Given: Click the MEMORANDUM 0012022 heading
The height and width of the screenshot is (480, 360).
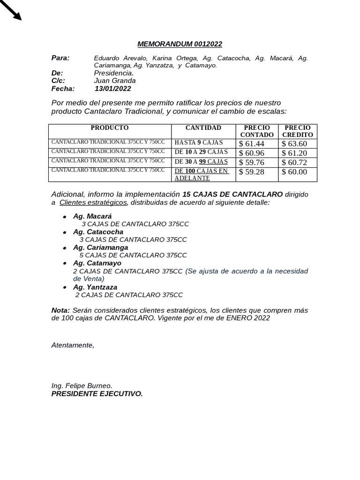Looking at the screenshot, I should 180,44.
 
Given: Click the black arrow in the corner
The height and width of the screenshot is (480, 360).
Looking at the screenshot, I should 12,11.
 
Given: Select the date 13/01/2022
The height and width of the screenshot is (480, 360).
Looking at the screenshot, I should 112,89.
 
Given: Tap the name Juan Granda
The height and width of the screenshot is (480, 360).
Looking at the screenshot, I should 115,81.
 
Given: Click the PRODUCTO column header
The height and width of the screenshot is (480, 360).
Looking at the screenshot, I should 110,128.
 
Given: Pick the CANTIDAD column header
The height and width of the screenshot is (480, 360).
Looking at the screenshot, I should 203,128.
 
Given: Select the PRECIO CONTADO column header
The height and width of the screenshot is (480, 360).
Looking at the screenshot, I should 257,131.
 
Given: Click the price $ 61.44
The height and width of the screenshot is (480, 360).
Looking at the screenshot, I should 252,144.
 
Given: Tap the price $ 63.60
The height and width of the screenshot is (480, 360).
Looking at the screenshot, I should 294,144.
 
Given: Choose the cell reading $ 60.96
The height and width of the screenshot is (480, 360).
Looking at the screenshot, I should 252,153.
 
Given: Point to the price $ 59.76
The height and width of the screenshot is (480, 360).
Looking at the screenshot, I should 252,162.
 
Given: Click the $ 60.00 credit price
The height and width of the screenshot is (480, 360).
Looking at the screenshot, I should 294,172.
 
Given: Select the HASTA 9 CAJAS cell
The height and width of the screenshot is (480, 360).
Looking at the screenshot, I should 199,142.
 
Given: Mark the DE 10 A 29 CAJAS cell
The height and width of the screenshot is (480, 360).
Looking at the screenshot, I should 201,152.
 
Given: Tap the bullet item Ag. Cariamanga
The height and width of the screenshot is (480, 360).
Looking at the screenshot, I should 100,247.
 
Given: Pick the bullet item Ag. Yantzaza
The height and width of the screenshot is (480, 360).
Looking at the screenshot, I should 95,287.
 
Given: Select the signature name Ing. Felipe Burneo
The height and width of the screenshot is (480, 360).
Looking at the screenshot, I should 82,386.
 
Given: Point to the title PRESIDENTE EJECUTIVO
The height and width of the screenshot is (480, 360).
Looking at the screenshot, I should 97,394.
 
